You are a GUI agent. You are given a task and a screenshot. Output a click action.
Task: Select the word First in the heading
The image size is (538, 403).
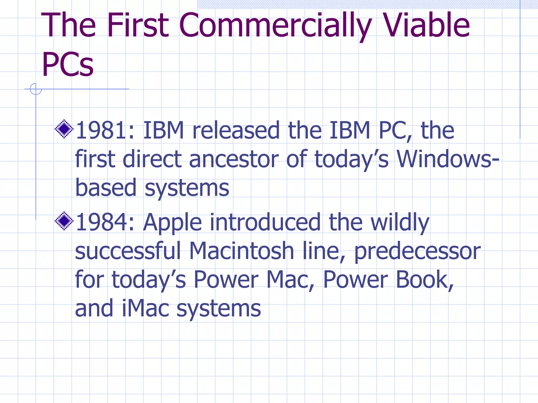138,25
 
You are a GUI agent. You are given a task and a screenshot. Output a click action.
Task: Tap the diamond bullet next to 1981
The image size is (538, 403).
64,129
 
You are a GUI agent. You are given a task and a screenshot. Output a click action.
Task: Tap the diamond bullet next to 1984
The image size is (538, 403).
64,221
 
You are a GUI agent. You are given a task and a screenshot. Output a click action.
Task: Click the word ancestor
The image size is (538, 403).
234,159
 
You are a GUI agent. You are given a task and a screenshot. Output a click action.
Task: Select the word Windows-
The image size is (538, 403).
448,159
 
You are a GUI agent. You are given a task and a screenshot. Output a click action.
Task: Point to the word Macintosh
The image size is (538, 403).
241,251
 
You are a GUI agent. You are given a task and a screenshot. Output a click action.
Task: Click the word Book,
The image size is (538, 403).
425,280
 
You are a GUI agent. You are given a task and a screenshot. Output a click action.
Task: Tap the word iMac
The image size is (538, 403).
146,308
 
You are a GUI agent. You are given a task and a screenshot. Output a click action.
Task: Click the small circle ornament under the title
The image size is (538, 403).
35,89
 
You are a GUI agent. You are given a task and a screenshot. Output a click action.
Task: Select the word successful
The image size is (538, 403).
128,251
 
